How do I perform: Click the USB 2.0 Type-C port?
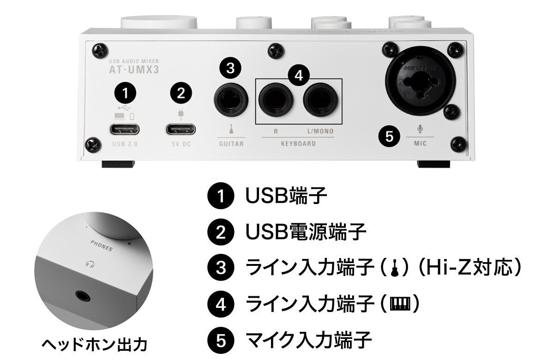125,129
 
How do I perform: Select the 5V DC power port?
181,129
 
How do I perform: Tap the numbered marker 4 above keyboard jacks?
299,76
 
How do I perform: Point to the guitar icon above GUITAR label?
230,128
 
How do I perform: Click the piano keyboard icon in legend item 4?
400,304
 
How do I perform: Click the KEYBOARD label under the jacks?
298,144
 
